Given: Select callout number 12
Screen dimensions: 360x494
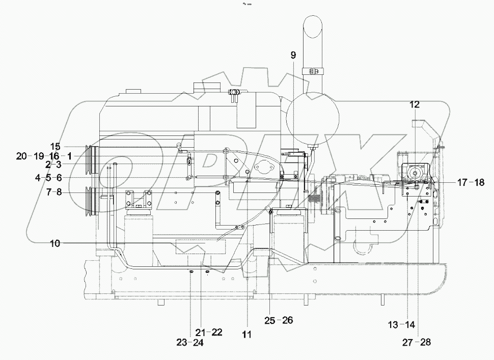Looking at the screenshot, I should pyautogui.click(x=414, y=104).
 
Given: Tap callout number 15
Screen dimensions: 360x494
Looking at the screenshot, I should pyautogui.click(x=54, y=146).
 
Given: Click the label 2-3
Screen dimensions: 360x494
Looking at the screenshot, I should pyautogui.click(x=53, y=164).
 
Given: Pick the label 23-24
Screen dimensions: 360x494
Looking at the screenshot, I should pyautogui.click(x=190, y=343).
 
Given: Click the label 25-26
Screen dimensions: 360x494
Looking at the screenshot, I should pyautogui.click(x=279, y=320).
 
